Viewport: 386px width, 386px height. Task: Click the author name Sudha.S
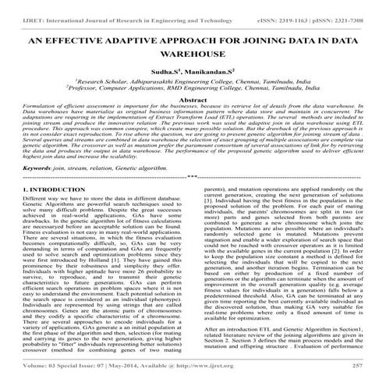161,69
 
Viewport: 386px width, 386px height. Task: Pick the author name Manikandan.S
207,69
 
